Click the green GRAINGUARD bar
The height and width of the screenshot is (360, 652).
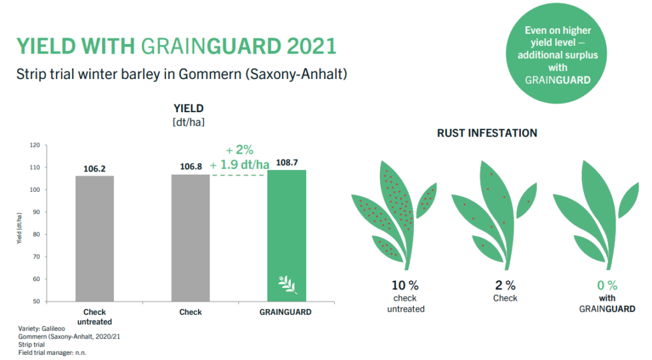pyautogui.click(x=287, y=236)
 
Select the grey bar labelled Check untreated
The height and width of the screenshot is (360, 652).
pyautogui.click(x=94, y=238)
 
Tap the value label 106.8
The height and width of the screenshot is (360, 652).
pyautogui.click(x=191, y=166)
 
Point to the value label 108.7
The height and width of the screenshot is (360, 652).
pyautogui.click(x=287, y=162)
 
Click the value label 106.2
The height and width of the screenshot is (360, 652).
pyautogui.click(x=94, y=169)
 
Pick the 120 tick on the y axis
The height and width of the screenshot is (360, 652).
pyautogui.click(x=35, y=145)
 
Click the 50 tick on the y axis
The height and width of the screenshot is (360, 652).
pyautogui.click(x=36, y=301)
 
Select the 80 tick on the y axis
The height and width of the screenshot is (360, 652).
pyautogui.click(x=36, y=234)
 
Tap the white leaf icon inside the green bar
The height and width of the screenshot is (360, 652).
pyautogui.click(x=287, y=285)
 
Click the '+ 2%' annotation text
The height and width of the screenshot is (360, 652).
pyautogui.click(x=239, y=150)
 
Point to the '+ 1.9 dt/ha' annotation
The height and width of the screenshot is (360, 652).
pyautogui.click(x=239, y=165)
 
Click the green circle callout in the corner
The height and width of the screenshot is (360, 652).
pyautogui.click(x=556, y=54)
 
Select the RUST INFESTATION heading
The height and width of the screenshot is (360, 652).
pyautogui.click(x=487, y=133)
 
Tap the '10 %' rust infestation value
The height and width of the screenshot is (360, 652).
pyautogui.click(x=405, y=285)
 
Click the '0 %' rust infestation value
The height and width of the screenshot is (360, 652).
pyautogui.click(x=607, y=285)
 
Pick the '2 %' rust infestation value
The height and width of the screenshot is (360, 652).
pyautogui.click(x=505, y=285)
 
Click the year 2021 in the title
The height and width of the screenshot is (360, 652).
pyautogui.click(x=311, y=46)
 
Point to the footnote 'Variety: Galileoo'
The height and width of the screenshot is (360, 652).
pyautogui.click(x=41, y=328)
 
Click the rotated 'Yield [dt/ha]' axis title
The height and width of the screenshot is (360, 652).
pyautogui.click(x=19, y=228)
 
